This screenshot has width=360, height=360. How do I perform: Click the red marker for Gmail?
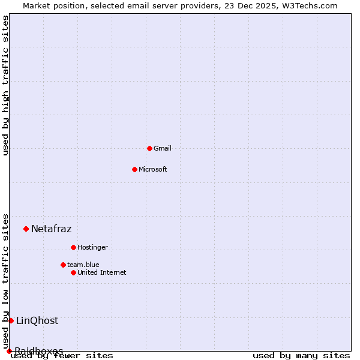[x=149, y=148]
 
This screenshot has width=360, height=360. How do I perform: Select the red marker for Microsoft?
[x=134, y=169]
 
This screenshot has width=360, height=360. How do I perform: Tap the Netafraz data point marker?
[x=26, y=229]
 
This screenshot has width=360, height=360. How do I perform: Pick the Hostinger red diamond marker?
[x=73, y=247]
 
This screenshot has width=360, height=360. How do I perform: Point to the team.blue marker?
[x=63, y=265]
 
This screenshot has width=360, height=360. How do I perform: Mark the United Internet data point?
[x=73, y=272]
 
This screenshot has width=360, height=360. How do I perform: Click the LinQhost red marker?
[x=11, y=320]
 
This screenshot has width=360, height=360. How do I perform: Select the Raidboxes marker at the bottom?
[x=9, y=351]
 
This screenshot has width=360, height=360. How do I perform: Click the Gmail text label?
[x=163, y=148]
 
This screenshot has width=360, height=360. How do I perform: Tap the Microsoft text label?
[x=153, y=169]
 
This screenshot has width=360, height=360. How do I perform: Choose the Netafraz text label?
[x=51, y=229]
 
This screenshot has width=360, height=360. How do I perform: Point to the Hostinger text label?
[x=92, y=247]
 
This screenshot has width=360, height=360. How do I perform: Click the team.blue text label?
[x=83, y=265]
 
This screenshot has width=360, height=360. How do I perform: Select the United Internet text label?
[x=102, y=272]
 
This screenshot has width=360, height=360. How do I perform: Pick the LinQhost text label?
[x=37, y=320]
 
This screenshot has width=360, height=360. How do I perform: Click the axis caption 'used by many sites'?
[x=301, y=356]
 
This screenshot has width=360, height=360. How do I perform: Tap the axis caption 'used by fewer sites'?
[x=62, y=356]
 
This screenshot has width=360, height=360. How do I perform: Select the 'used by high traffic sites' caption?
[x=5, y=85]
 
